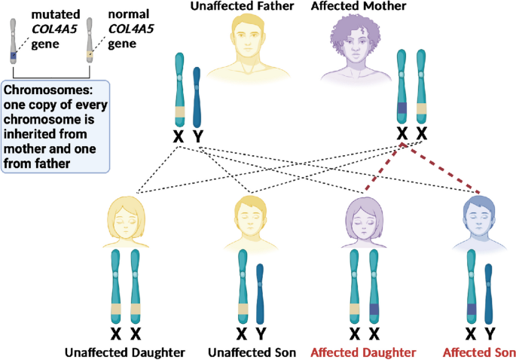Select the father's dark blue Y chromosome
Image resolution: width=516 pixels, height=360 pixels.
(197, 97)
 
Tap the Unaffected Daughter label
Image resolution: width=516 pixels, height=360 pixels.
(124, 352)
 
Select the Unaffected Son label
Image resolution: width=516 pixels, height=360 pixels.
(250, 352)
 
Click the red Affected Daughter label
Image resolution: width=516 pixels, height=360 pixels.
(363, 352)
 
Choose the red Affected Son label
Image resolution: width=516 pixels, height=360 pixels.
(478, 352)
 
